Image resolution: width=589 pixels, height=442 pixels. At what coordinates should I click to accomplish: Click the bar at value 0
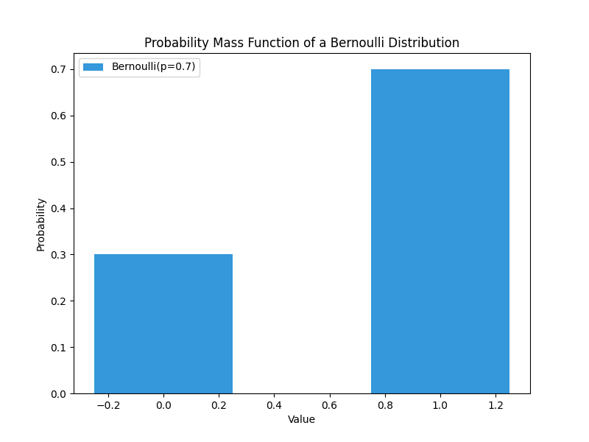point(163,324)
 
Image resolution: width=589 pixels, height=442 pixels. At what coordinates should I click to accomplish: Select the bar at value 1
point(440,231)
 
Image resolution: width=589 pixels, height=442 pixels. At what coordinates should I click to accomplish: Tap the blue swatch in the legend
point(94,67)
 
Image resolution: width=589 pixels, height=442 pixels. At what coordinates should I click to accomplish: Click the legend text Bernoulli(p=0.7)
point(154,67)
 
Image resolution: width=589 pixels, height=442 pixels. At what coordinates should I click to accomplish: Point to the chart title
point(302,43)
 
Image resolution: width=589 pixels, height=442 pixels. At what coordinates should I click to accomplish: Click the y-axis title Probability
point(41,224)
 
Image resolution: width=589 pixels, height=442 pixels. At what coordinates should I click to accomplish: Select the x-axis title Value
point(302,419)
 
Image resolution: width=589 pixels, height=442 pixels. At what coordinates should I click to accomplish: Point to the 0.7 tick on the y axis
point(59,69)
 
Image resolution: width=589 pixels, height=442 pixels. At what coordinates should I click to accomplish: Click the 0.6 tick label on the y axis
point(59,116)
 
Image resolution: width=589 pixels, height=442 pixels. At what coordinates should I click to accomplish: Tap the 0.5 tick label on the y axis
point(59,162)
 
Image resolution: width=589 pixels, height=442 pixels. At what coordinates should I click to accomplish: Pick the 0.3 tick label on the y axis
point(59,255)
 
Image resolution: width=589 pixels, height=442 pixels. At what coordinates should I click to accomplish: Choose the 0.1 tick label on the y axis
point(59,348)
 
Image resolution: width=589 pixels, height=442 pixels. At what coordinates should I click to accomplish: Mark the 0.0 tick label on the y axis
point(59,394)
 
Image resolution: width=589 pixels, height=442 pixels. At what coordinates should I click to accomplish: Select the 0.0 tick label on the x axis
point(163,405)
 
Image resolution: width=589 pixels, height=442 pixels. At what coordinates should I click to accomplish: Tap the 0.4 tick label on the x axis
point(274,405)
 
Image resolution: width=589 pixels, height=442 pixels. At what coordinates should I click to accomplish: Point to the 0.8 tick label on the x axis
point(385,405)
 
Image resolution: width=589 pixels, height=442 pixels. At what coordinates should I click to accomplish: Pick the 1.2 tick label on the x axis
point(495,405)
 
